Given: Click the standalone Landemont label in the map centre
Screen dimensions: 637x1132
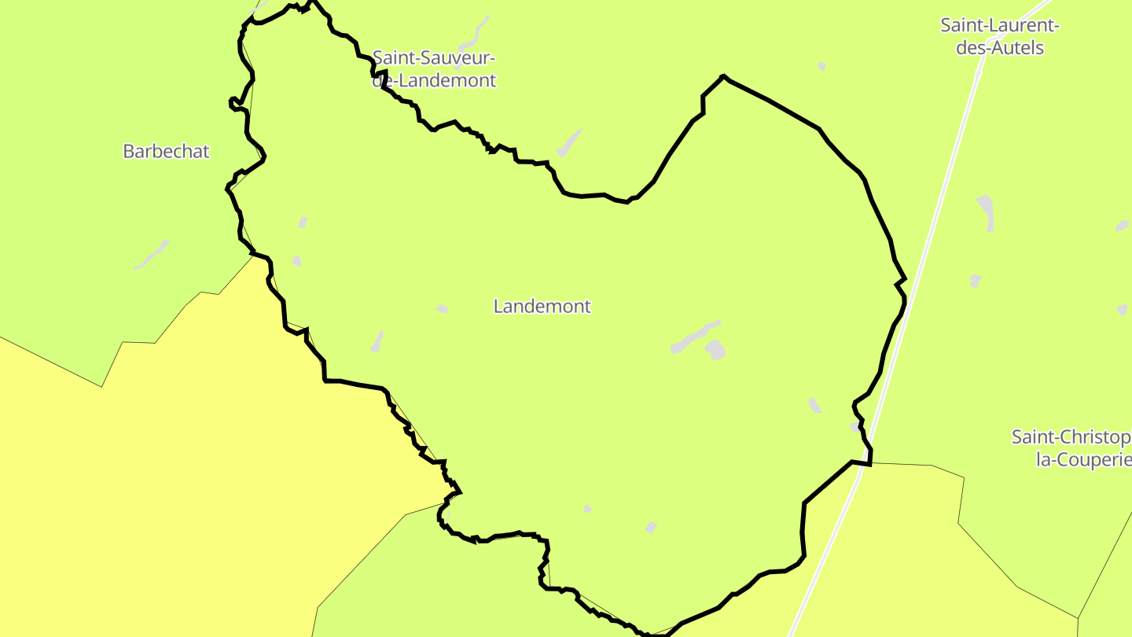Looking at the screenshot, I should pos(542,306).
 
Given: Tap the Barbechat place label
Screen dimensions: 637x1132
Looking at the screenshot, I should pos(166,151).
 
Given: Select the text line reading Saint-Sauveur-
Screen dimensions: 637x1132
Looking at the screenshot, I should pos(434,57).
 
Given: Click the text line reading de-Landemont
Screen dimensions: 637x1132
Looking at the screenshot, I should pos(434,80).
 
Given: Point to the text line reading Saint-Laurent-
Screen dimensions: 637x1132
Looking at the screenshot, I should pos(1000,25).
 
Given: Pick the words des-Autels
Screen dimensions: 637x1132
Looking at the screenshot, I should pos(1000,48).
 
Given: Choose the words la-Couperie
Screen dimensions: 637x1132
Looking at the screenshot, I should pos(1083,459).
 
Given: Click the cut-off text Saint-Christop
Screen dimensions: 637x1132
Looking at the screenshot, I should pos(1071,436).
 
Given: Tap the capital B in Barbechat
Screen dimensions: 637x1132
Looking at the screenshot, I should pos(129,151).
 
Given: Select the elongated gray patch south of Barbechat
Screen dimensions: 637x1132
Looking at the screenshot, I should pos(152,255).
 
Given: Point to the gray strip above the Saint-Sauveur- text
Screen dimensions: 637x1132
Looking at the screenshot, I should pos(474,32).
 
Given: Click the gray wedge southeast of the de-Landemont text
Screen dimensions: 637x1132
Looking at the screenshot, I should pos(570,142).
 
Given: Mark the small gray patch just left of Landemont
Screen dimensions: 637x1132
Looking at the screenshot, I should pos(443,308).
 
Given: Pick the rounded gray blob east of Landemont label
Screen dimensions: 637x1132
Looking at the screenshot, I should pos(715,349).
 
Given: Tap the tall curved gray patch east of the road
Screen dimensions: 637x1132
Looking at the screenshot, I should pos(987,212).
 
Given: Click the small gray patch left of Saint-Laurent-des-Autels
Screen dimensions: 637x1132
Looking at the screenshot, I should pos(821,67).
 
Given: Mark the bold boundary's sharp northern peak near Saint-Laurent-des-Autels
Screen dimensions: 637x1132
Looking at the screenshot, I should pos(722,76).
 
